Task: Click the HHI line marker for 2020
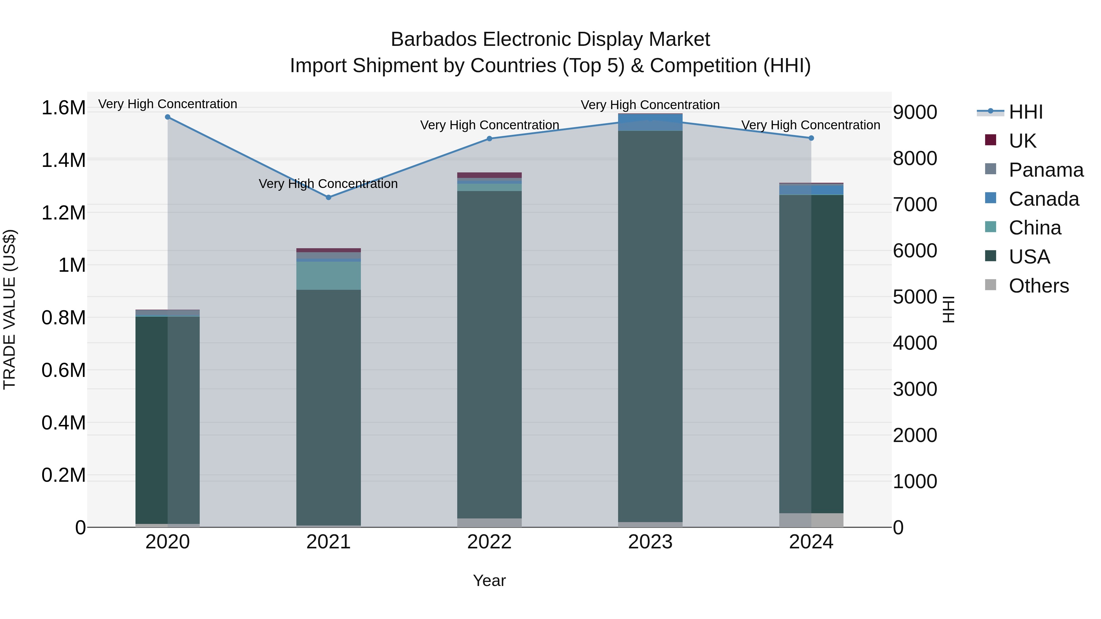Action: [x=168, y=117]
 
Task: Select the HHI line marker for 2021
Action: [x=328, y=197]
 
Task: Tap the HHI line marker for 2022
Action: [x=489, y=139]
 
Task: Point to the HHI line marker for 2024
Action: [x=811, y=138]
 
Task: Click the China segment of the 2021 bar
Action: [x=328, y=275]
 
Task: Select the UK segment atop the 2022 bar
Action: [x=489, y=175]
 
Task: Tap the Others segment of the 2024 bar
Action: [x=811, y=520]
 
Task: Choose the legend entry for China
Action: [x=1034, y=228]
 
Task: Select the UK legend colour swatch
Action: [x=990, y=140]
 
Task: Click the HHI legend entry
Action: [x=1026, y=112]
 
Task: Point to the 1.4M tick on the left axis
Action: [x=63, y=160]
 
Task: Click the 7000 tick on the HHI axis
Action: [x=915, y=204]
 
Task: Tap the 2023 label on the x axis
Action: [x=650, y=542]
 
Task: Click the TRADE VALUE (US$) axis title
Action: [x=10, y=309]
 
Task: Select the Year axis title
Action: [x=489, y=580]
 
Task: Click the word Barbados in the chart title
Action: [x=433, y=40]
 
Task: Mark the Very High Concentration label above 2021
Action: [x=328, y=184]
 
